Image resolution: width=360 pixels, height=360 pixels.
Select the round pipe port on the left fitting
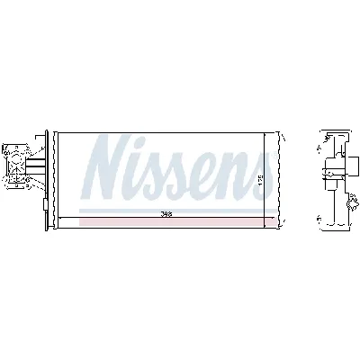[16, 166]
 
